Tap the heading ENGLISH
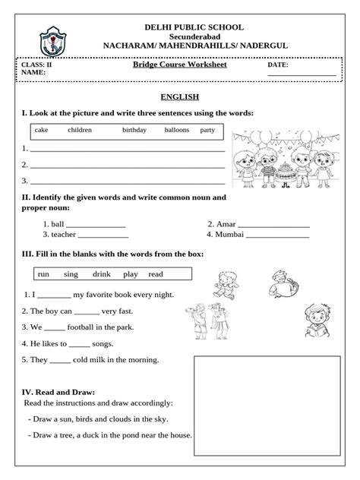coord(179,97)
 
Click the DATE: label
coord(278,66)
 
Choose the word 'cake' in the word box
coord(41,130)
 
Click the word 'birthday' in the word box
coord(135,130)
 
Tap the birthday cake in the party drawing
coord(285,172)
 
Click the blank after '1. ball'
coord(96,226)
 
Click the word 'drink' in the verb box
coord(102,273)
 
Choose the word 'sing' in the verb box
coord(71,273)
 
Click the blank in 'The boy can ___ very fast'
coord(87,311)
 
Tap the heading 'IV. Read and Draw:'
coord(58,391)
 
